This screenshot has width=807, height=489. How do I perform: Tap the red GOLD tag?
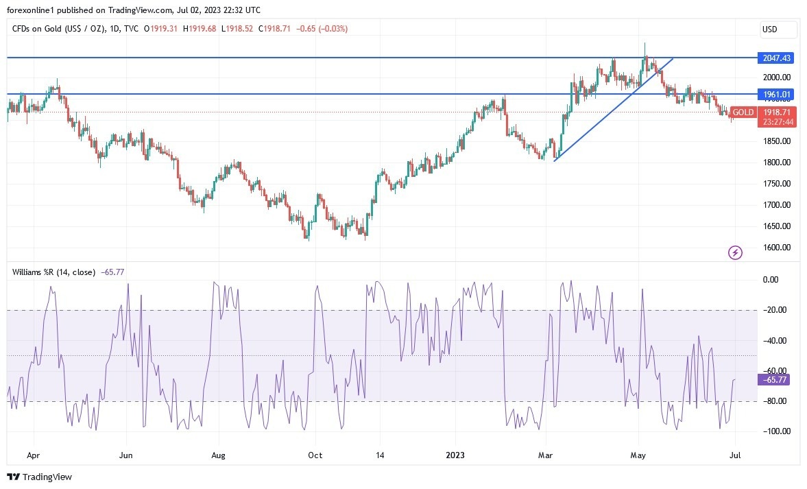click(743, 112)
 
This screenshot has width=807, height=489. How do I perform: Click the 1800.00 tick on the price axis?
click(777, 163)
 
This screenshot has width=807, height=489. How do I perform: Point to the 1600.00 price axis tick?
click(777, 248)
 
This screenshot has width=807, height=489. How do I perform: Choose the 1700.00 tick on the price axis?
click(777, 205)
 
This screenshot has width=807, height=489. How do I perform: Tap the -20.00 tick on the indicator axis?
click(775, 310)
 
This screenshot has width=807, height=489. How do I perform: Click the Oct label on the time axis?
click(315, 455)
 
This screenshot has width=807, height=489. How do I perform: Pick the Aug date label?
click(218, 455)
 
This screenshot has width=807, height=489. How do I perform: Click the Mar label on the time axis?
click(546, 455)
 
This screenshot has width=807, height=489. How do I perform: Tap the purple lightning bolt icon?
click(735, 253)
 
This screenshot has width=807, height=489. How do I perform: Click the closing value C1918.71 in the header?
click(276, 29)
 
